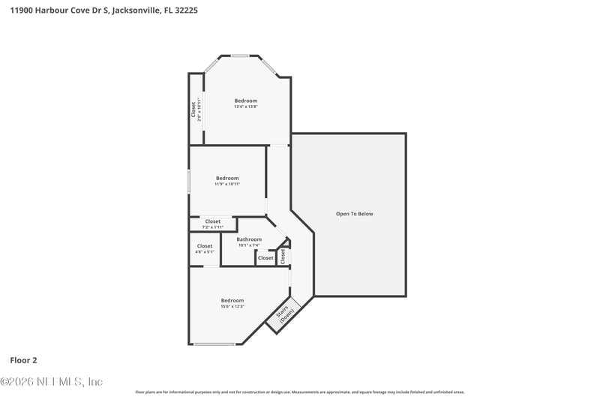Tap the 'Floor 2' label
click(x=25, y=359)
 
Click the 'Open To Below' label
click(x=354, y=214)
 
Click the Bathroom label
click(x=249, y=239)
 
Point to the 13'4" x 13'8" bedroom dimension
click(x=245, y=107)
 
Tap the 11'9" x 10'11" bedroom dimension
click(x=226, y=184)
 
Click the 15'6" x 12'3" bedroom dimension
click(x=232, y=306)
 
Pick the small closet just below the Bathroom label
click(x=265, y=258)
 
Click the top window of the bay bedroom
click(x=240, y=56)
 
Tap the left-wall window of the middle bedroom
click(x=189, y=182)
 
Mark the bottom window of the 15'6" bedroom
click(x=214, y=344)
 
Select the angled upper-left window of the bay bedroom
click(x=211, y=65)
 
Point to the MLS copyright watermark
click(x=52, y=381)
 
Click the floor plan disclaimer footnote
click(x=300, y=392)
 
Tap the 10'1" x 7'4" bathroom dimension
click(x=249, y=245)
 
